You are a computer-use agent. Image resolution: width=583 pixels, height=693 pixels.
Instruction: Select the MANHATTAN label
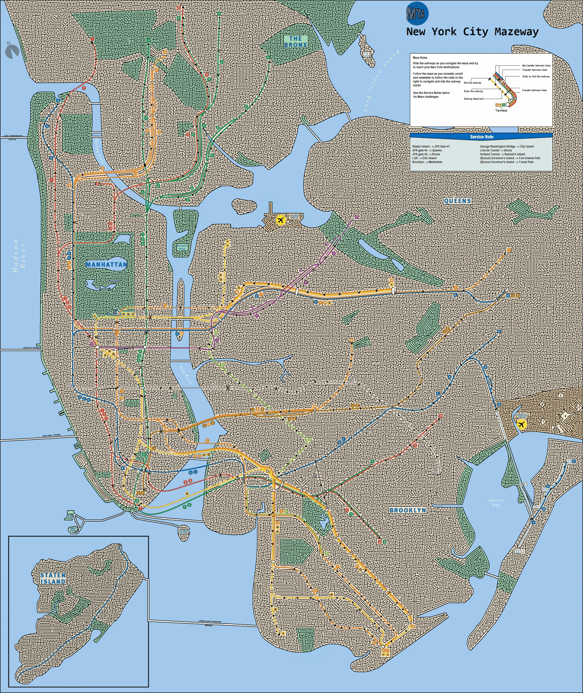click(106, 264)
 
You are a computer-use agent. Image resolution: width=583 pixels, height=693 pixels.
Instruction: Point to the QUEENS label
click(457, 201)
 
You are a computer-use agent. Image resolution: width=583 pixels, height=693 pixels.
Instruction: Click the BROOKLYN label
click(408, 510)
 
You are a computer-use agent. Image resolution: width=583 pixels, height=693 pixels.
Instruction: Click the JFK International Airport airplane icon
click(522, 425)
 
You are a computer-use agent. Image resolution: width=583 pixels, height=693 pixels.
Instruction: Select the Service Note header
click(482, 137)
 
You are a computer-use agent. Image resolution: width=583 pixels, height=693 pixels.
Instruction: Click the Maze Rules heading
click(420, 57)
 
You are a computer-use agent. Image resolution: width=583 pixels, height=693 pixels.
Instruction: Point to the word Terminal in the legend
click(501, 110)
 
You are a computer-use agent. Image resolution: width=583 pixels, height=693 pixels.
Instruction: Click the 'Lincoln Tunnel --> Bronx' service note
click(496, 150)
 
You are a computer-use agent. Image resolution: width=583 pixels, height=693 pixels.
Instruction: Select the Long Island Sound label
click(381, 81)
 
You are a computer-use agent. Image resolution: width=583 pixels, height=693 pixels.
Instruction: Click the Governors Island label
click(184, 532)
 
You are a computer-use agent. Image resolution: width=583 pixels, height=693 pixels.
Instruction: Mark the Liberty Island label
click(73, 529)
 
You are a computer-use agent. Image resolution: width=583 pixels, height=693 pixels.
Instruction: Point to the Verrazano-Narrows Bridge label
click(209, 623)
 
